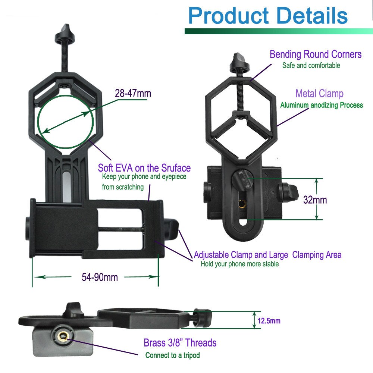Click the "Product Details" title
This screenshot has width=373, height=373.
[268, 16]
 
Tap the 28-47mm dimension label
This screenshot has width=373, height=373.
[133, 93]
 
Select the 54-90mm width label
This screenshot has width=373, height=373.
[100, 277]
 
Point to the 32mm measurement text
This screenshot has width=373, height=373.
[315, 200]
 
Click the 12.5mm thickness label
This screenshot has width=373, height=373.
[269, 321]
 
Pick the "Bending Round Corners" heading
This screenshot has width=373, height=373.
[316, 54]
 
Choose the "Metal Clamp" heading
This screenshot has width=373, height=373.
[319, 93]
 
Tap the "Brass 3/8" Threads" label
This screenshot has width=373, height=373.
[180, 342]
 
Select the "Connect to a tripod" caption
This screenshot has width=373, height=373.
[172, 355]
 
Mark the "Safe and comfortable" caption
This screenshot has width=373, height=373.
[311, 66]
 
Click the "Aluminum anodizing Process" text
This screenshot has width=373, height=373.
[321, 105]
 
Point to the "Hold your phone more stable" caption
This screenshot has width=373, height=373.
[239, 264]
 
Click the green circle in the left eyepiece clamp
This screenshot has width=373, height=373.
[65, 121]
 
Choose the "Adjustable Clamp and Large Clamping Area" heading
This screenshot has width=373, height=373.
[267, 255]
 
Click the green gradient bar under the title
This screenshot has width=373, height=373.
[278, 31]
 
